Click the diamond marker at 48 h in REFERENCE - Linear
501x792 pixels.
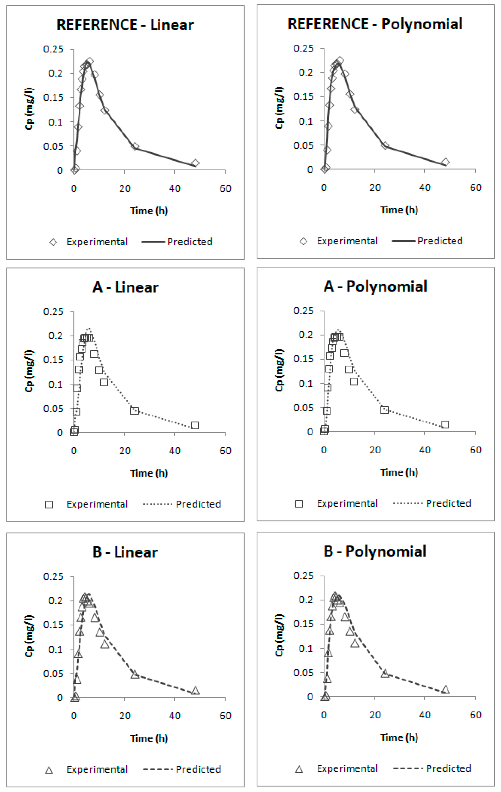tap(195, 163)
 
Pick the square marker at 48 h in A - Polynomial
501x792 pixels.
tap(445, 425)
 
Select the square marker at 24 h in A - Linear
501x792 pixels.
tap(134, 410)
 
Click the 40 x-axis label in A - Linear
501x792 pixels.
tap(174, 451)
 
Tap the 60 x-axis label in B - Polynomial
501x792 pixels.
tap(475, 715)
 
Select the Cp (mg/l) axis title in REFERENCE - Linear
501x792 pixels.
tap(29, 109)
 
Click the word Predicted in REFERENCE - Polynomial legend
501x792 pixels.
tap(440, 241)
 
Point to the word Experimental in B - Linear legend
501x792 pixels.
tap(97, 770)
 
